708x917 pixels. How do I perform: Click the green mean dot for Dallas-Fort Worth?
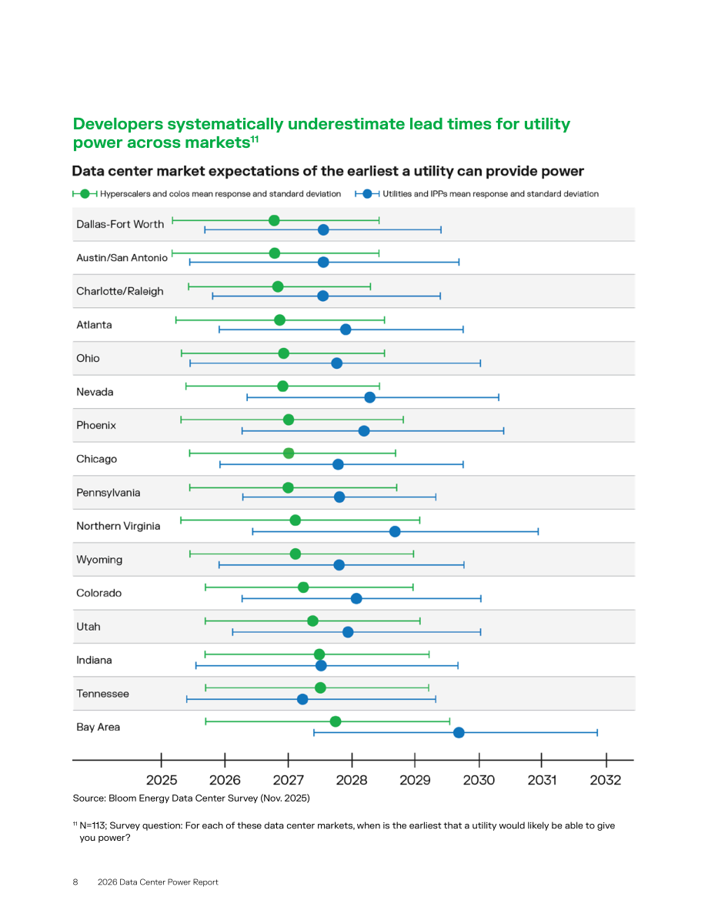click(x=274, y=220)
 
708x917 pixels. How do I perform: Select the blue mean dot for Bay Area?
click(x=459, y=733)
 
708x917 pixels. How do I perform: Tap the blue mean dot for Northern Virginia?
click(x=396, y=531)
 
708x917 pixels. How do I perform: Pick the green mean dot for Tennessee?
click(x=320, y=688)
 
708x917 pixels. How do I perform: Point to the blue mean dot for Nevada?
click(x=370, y=398)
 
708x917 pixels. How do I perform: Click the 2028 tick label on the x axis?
click(x=352, y=780)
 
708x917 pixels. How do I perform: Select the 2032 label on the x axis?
click(x=606, y=780)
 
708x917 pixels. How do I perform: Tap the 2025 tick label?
click(x=162, y=780)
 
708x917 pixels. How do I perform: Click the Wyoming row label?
click(x=99, y=560)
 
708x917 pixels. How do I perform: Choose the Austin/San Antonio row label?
click(x=122, y=258)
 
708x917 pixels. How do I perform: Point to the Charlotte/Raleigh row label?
click(x=120, y=291)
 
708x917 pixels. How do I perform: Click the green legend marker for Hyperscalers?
click(x=85, y=193)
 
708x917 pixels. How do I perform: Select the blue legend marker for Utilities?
click(x=367, y=193)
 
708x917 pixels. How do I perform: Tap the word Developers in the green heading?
click(x=118, y=125)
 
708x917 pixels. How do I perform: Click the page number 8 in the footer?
click(x=75, y=882)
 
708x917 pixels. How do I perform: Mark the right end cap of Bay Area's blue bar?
click(x=597, y=733)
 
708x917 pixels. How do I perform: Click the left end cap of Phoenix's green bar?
click(x=182, y=420)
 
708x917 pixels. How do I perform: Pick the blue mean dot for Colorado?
click(x=356, y=598)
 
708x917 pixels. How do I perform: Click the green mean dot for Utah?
click(x=312, y=621)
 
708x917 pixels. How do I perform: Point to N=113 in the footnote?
click(x=92, y=826)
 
